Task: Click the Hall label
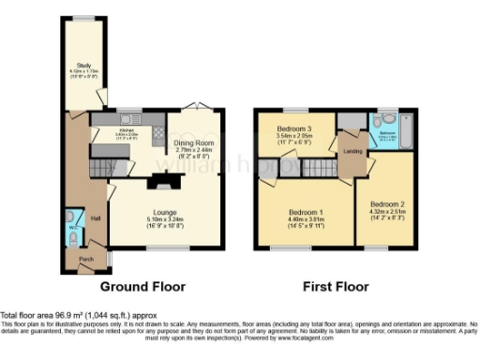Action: coord(96,218)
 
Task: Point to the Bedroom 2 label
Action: coord(386,203)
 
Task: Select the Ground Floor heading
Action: coord(142,286)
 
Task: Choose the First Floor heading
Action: coord(335,286)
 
